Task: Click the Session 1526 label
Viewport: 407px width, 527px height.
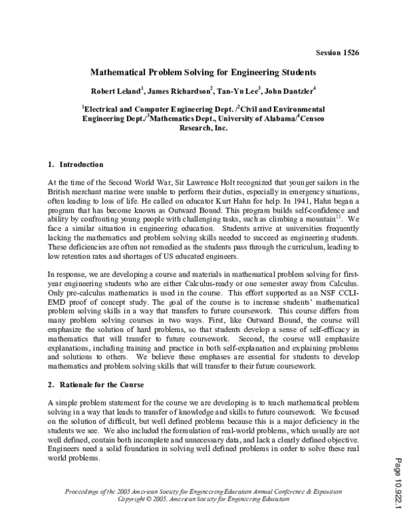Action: (337, 53)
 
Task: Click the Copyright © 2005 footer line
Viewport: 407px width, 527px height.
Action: (203, 498)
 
